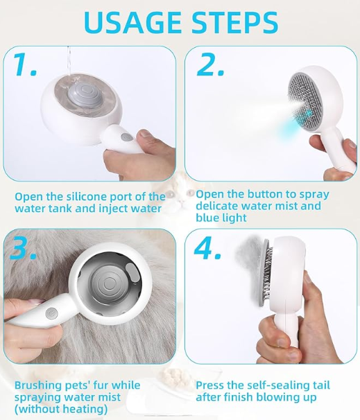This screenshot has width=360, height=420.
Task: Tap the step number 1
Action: pyautogui.click(x=24, y=64)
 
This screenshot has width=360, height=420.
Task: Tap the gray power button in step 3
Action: pyautogui.click(x=51, y=313)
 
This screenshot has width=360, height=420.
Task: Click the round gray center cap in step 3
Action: pyautogui.click(x=109, y=283)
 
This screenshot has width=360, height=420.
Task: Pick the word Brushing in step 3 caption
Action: pyautogui.click(x=38, y=385)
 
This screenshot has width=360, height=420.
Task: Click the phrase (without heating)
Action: pyautogui.click(x=61, y=409)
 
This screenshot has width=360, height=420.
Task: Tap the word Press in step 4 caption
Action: pyautogui.click(x=209, y=385)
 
